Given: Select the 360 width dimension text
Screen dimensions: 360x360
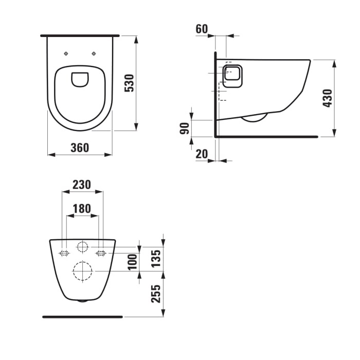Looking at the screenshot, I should click(x=80, y=148).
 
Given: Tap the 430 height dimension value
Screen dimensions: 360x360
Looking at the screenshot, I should click(x=327, y=98).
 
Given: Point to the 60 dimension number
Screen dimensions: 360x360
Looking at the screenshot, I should click(x=202, y=29).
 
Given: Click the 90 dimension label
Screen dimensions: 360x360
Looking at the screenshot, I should click(x=184, y=128).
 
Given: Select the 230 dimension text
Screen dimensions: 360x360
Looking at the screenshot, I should click(x=82, y=184).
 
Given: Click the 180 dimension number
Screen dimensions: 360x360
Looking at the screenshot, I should click(x=82, y=208).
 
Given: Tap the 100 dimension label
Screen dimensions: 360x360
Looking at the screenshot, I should click(x=132, y=262).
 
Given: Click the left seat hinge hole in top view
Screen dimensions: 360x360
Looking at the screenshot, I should click(x=66, y=53).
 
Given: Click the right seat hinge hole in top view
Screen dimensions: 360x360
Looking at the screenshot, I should click(x=94, y=53).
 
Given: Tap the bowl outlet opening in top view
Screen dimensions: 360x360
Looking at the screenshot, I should click(x=80, y=79).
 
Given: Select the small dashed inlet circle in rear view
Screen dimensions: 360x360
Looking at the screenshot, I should click(x=82, y=246).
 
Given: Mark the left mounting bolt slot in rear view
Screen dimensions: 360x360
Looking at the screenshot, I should click(x=64, y=253).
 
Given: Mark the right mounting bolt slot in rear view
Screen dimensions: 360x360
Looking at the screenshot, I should click(x=101, y=253).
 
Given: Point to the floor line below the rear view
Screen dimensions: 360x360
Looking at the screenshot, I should click(x=82, y=317).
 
